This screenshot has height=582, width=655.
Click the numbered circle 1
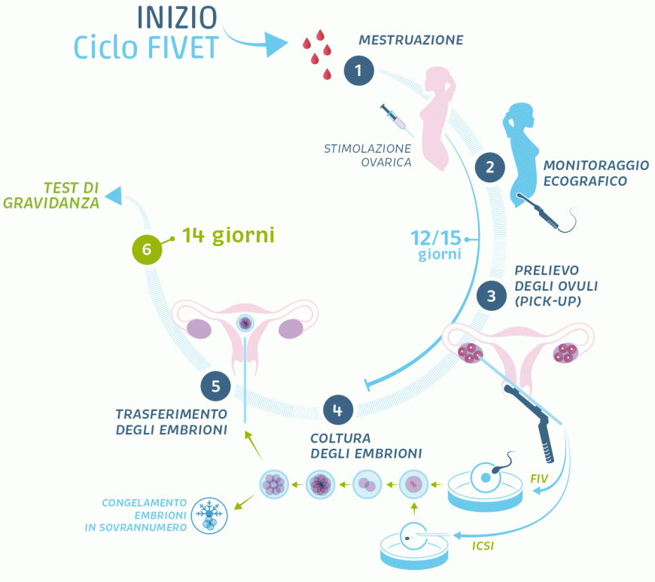tap(358, 71)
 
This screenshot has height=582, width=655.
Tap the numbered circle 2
tap(489, 167)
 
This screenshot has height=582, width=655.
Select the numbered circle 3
tap(491, 296)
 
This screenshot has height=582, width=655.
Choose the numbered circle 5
tap(215, 386)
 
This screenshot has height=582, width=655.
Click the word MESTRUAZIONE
tap(410, 40)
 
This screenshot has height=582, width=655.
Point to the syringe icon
tap(393, 116)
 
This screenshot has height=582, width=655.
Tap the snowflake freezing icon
tap(209, 515)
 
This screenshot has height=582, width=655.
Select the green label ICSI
tap(483, 545)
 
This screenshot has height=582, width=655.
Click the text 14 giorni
tap(228, 236)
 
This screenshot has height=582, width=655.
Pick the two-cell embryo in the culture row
tap(367, 484)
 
